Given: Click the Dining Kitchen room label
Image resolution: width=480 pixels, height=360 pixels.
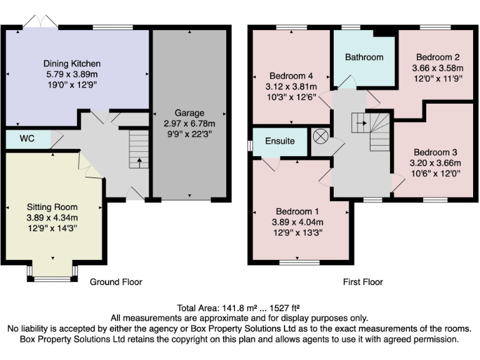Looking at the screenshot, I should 72,64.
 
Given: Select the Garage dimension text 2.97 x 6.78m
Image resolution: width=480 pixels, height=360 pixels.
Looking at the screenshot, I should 189,124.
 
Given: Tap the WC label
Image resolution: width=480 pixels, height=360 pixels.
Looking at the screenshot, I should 27,138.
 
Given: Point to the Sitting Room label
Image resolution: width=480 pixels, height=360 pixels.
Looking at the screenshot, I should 52,207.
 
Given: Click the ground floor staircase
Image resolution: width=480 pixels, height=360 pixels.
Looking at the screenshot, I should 138,149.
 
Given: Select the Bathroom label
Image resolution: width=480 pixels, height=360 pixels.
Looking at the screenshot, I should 364,57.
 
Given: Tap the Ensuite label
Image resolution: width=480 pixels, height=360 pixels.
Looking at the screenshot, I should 279,141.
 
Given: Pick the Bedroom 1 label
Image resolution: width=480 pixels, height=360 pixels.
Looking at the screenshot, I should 297,212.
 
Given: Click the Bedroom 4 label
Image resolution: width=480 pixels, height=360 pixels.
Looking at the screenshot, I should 291,76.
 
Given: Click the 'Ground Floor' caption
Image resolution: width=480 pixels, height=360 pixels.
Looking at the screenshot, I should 116,282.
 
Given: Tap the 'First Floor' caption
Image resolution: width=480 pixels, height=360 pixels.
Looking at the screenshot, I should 363,282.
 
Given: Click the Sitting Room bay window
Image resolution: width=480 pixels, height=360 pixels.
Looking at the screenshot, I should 52,273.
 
